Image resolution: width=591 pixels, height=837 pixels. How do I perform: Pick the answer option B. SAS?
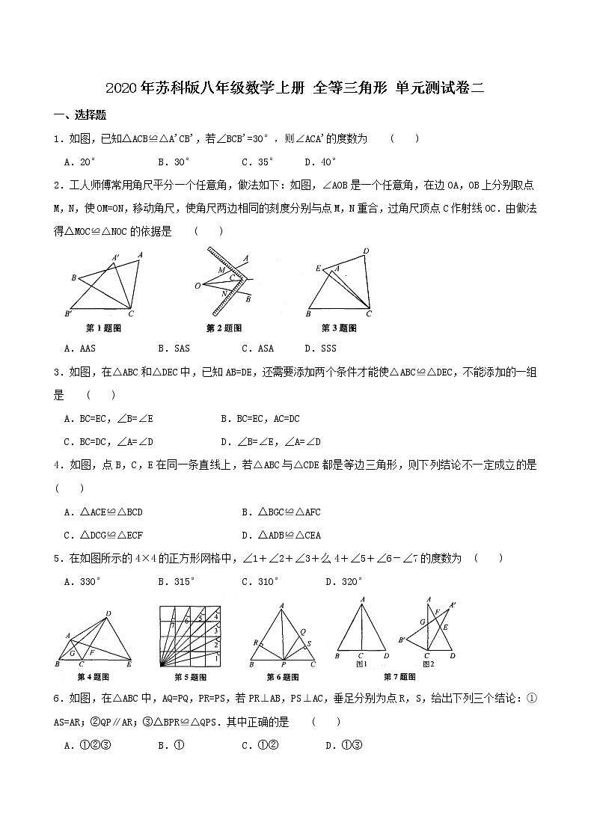174,348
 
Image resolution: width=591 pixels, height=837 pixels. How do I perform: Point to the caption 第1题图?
104,328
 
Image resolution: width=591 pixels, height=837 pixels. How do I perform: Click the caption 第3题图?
339,328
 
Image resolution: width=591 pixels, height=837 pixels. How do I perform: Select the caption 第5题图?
189,677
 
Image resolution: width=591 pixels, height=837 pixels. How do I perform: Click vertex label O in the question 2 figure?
197,286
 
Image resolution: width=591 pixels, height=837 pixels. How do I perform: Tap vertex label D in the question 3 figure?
366,251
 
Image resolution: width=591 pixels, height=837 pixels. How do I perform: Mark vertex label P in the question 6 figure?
282,664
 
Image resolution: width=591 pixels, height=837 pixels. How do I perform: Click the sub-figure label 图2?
428,663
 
